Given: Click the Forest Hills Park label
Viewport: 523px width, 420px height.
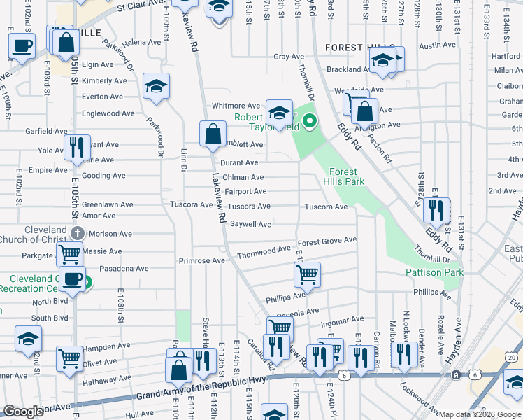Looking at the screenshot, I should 344,176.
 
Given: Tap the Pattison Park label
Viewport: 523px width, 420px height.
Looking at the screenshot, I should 434,272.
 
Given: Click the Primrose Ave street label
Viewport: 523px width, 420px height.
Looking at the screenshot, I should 201,260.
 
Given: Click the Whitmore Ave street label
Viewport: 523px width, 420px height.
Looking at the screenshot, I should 236,106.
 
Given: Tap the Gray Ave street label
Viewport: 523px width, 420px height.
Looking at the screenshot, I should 289,57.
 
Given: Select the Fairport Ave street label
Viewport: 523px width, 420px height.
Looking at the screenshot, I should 245,191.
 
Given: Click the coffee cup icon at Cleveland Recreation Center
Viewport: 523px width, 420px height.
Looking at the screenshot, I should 72,279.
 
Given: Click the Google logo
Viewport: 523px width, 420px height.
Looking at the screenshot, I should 23,412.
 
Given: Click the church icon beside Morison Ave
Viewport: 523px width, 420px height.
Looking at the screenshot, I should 77,233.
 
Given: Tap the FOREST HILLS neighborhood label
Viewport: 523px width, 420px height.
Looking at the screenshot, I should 356,47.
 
